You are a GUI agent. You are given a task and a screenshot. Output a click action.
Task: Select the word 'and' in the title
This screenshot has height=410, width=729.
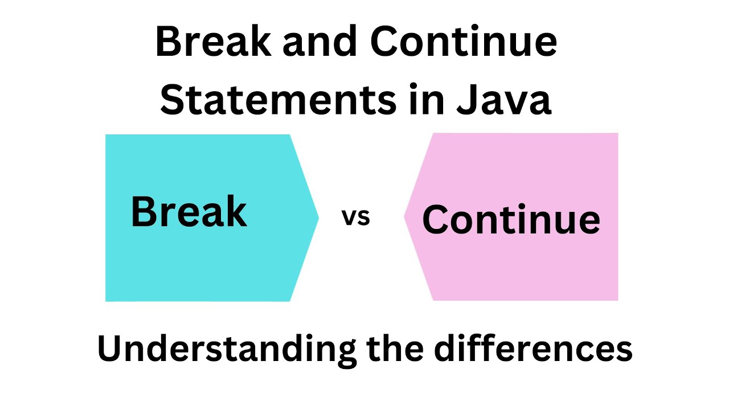click(315, 43)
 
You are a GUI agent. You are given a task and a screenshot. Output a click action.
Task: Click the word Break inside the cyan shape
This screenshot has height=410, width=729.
click(189, 212)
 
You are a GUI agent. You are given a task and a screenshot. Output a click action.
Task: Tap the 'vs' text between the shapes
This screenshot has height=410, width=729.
click(356, 217)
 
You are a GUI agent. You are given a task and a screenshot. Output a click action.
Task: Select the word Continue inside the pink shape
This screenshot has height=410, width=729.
click(511, 220)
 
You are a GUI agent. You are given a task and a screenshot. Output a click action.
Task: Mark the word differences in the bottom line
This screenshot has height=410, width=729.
click(533, 348)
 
